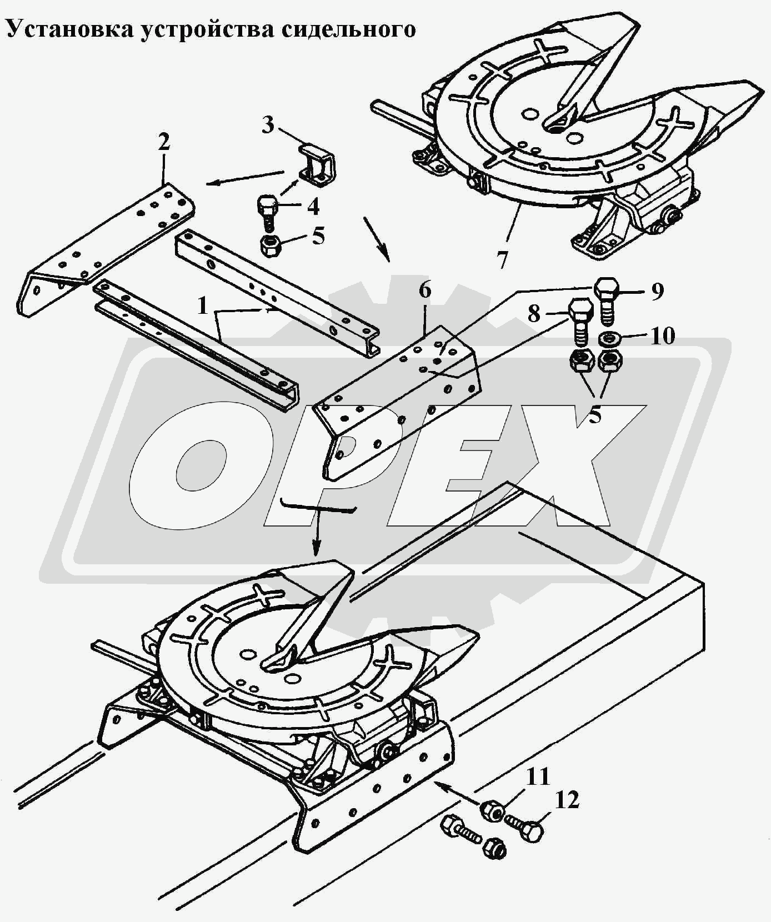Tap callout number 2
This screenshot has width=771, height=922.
(163, 143)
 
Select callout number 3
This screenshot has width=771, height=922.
(268, 126)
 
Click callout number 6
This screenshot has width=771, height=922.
(424, 290)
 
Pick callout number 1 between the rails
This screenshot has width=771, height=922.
(202, 305)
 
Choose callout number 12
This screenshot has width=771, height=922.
(567, 800)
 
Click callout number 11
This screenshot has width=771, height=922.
(538, 776)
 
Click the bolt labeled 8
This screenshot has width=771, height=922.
(579, 322)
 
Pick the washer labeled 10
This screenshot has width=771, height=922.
(610, 338)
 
